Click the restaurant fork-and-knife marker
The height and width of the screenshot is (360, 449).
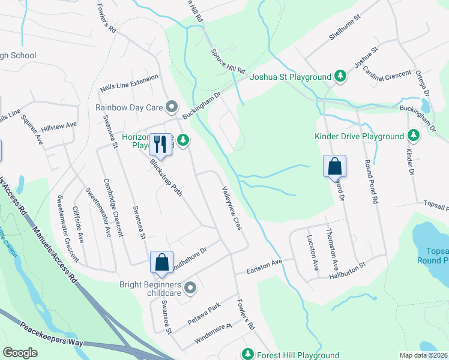(x=160, y=144)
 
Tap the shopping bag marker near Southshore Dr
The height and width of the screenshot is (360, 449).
(x=161, y=262)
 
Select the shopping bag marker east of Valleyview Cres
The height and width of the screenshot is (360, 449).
(x=334, y=167)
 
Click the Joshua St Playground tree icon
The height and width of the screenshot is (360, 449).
(x=340, y=76)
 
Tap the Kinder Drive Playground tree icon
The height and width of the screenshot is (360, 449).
(x=413, y=136)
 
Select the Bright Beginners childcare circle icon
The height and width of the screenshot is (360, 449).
(x=190, y=288)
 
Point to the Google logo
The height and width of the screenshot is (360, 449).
(x=20, y=353)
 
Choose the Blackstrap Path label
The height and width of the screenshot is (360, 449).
(x=166, y=178)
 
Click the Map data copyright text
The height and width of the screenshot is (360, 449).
(x=424, y=355)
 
